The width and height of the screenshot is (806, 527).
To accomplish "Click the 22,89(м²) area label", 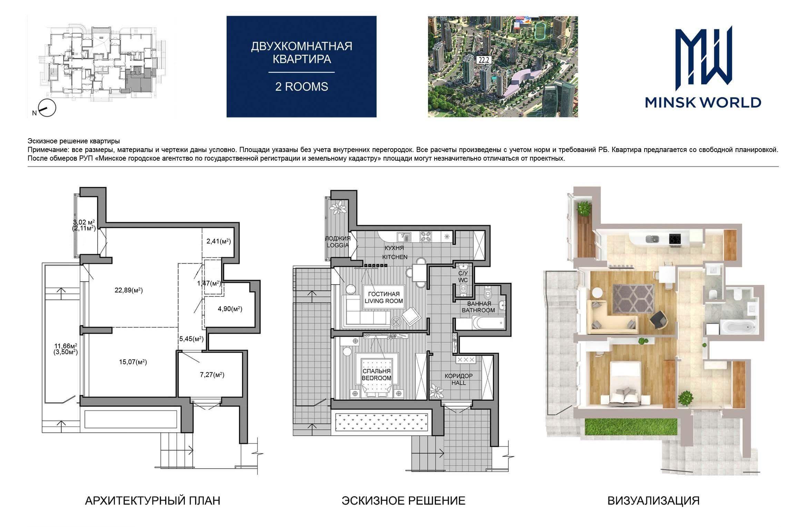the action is (x=129, y=290).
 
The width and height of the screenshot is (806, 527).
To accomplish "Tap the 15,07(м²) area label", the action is (x=133, y=362).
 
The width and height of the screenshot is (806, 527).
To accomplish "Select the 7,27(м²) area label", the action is (x=212, y=375).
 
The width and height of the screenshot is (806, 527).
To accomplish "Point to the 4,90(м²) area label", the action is (x=230, y=309).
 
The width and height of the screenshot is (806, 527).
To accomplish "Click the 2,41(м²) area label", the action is (x=219, y=241).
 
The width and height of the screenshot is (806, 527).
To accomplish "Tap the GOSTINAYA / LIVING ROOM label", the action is (x=384, y=297).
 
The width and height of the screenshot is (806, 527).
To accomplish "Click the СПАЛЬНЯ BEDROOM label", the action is (x=376, y=375).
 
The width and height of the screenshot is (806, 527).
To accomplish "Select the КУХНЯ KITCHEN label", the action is (x=395, y=252).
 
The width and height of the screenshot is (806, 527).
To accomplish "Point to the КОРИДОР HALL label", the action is (x=459, y=379).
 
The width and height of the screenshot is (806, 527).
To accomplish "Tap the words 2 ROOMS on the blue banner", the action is (x=301, y=87).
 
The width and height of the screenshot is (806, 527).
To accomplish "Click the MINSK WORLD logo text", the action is (x=703, y=102).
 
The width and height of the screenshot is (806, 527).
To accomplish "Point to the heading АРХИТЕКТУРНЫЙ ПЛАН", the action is (x=152, y=500).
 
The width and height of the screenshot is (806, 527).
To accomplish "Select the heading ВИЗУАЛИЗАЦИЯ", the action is (x=654, y=500).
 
